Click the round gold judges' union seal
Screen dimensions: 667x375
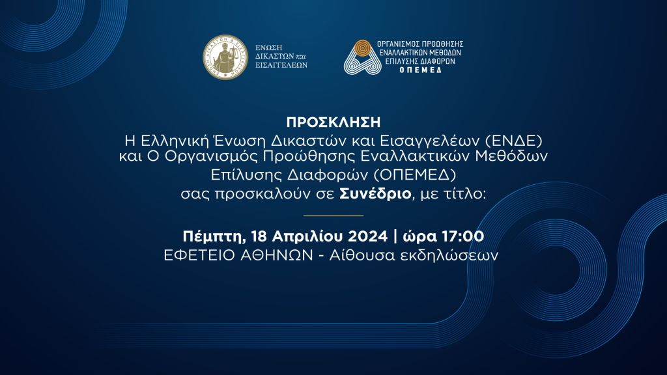coord(225,57)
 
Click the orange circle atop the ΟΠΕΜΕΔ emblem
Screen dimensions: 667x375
coord(362,48)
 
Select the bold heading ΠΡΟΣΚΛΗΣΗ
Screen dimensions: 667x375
coord(333,122)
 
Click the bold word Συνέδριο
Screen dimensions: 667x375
coord(375,194)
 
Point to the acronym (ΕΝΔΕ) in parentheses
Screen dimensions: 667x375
coord(514,141)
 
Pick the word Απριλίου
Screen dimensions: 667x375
coord(308,236)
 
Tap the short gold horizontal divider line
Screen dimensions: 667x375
coord(333,215)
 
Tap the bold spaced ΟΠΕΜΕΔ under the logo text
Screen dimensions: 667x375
coord(420,70)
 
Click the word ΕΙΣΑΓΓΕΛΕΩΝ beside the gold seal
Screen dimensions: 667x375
coord(281,65)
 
